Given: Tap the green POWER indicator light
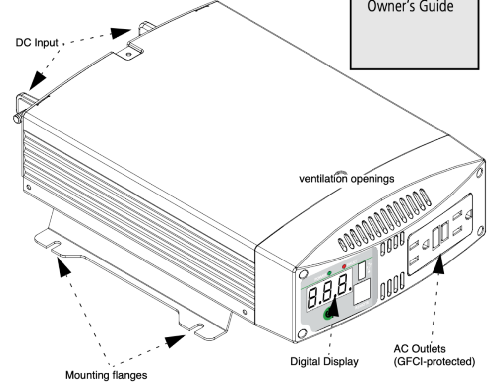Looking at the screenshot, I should click(x=315, y=273).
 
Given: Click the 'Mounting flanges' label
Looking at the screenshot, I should click(x=106, y=375).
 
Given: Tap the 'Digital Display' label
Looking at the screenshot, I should click(x=324, y=361).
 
